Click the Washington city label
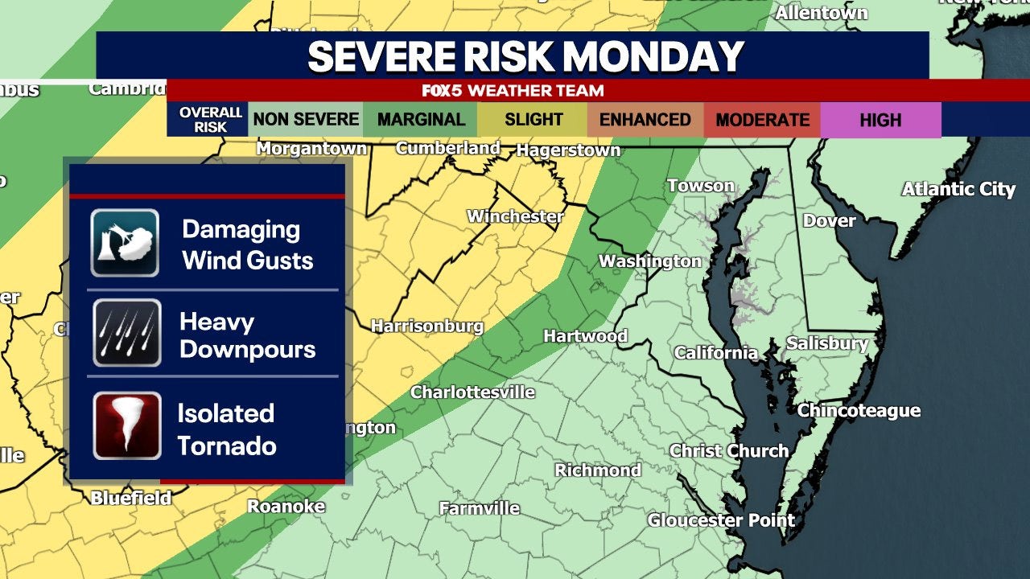[650, 261]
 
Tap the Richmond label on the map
[598, 470]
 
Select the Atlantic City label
[958, 189]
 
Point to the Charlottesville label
[472, 392]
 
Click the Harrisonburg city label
[426, 326]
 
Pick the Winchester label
[515, 216]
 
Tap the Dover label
[829, 220]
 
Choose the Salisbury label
[827, 344]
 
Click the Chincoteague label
[859, 411]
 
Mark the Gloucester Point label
[721, 520]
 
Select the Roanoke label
[286, 506]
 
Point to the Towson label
[700, 186]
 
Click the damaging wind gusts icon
[125, 243]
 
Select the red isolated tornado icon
[126, 426]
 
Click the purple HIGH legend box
[880, 120]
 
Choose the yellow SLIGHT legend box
[534, 120]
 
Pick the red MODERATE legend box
[762, 120]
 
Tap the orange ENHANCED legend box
[645, 120]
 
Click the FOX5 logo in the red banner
[447, 91]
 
